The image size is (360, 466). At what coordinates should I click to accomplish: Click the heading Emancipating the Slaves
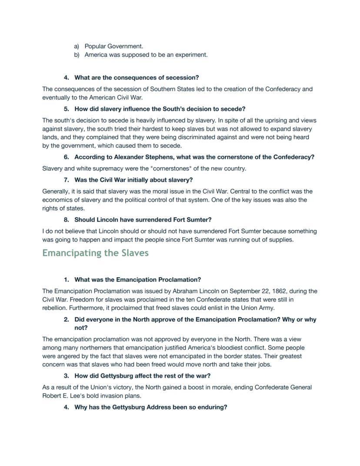[x=95, y=253]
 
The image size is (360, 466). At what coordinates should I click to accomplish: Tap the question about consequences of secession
[x=137, y=77]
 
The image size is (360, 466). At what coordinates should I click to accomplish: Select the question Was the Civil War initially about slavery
[x=133, y=180]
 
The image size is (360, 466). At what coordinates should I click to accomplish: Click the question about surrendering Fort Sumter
[x=143, y=220]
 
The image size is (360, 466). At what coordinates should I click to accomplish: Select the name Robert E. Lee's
[x=60, y=396]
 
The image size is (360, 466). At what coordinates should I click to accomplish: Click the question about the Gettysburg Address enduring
[x=150, y=407]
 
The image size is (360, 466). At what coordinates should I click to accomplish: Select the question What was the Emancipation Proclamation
[x=137, y=280]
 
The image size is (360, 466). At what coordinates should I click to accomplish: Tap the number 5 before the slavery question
[x=66, y=109]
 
